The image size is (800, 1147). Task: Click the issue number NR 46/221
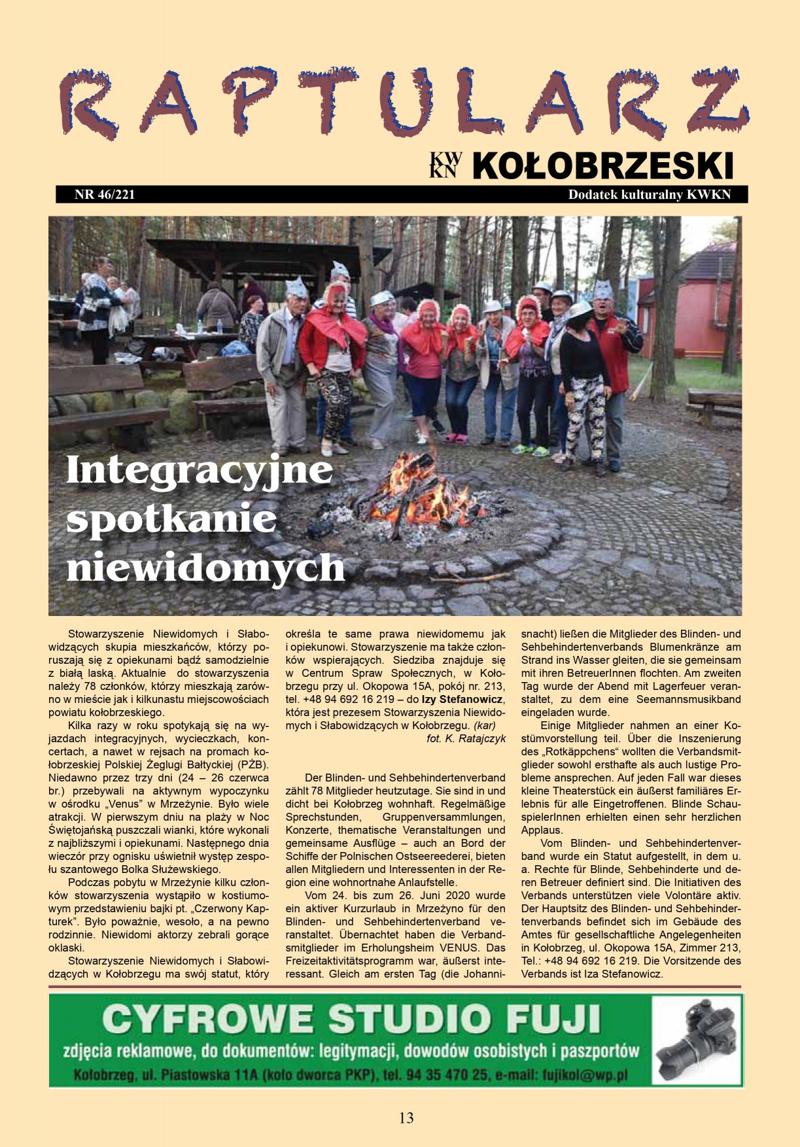coord(105,195)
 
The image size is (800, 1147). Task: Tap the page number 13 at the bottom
coord(406,1118)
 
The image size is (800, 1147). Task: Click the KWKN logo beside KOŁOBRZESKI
coord(446,165)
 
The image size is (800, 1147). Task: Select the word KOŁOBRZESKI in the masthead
coord(602,167)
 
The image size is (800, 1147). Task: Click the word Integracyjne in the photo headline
coord(200,471)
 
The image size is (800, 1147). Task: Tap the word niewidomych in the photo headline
coord(205,568)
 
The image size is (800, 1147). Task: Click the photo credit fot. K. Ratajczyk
coord(466,738)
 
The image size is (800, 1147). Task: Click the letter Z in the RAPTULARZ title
coord(710,105)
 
